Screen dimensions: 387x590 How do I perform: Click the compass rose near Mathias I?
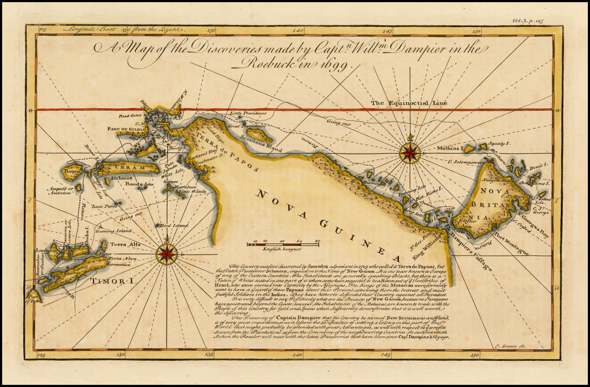410,153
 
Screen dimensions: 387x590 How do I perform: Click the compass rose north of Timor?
167,254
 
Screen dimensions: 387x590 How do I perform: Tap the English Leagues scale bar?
283,245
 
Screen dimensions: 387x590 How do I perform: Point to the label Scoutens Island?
261,144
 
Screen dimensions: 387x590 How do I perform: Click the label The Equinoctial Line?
409,103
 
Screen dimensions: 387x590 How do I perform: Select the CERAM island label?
130,167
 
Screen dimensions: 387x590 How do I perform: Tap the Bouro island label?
71,171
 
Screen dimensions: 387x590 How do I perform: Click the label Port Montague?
511,246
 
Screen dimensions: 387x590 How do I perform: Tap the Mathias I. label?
450,148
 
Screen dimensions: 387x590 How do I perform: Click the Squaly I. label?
499,144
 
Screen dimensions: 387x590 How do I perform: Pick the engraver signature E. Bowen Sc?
510,346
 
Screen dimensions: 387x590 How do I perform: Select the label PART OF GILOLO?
126,129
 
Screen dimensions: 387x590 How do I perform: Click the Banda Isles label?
139,184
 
